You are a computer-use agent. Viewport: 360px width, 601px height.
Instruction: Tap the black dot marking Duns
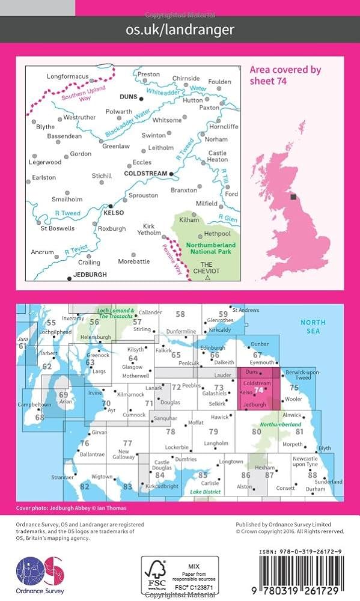point(141,97)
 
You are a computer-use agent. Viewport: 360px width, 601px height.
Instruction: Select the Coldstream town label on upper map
point(145,174)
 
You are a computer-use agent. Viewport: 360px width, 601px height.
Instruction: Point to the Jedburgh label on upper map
point(89,275)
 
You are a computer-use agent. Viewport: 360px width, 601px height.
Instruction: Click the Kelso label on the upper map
point(114,213)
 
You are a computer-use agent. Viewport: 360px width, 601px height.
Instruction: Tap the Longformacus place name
point(67,76)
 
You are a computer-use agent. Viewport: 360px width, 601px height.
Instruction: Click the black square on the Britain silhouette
point(293,197)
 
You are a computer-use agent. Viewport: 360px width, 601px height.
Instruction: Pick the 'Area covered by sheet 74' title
point(285,75)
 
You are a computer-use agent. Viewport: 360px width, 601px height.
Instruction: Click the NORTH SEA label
point(313,326)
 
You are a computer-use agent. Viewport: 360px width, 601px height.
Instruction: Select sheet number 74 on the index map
point(258,389)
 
